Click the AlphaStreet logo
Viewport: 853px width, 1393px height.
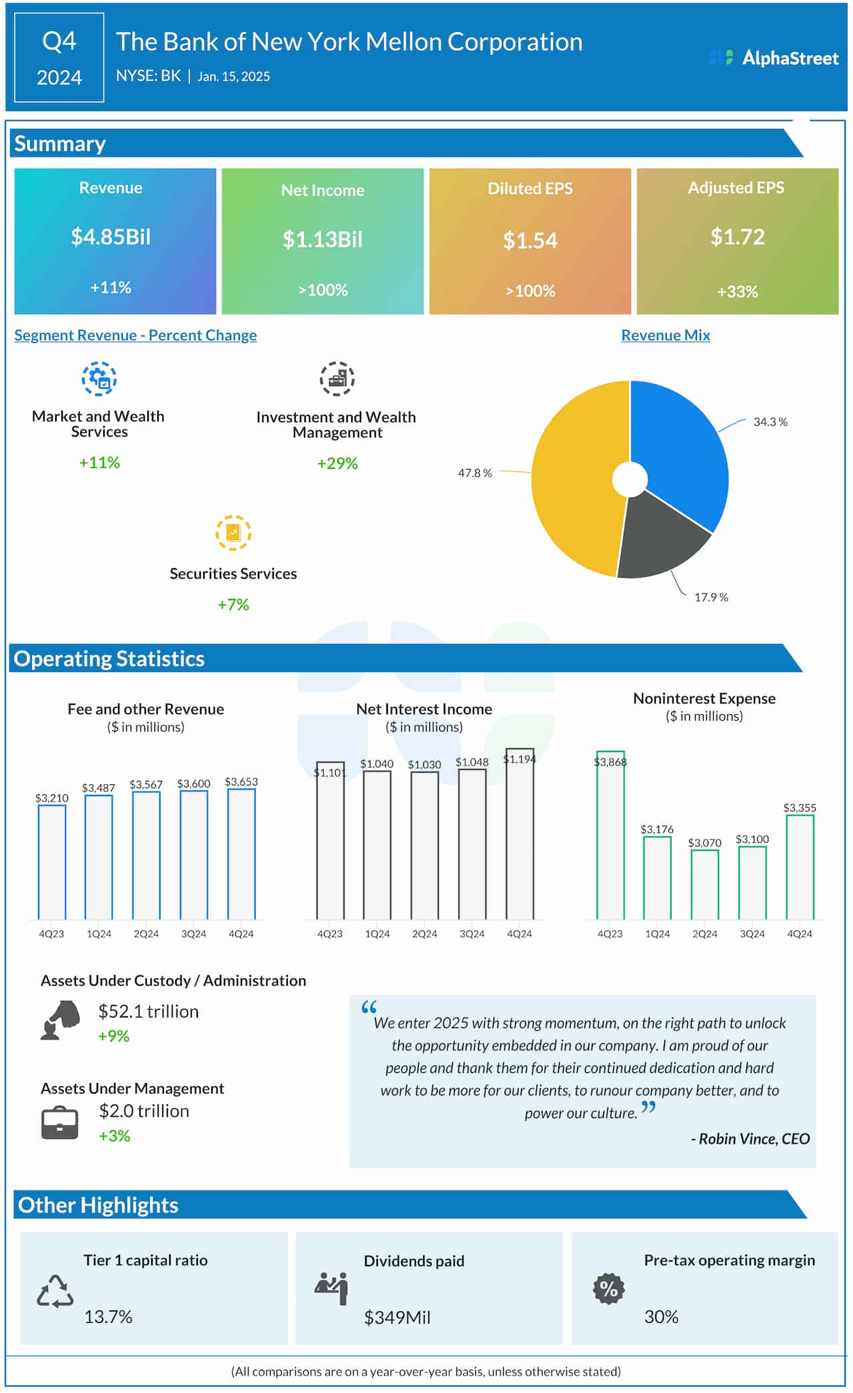(x=774, y=58)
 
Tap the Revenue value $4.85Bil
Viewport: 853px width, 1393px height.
(x=111, y=237)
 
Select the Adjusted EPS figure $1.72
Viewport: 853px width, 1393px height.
(x=737, y=237)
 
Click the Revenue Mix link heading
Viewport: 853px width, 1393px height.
(x=665, y=335)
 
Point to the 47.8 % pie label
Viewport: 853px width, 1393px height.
(x=474, y=473)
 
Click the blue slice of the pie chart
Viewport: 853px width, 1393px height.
(x=680, y=447)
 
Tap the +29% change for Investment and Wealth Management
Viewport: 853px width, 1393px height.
(x=337, y=463)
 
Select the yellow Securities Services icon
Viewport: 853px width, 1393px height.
(x=233, y=533)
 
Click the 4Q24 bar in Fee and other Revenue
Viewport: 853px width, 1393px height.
(x=241, y=854)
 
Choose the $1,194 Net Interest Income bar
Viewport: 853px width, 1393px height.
(x=520, y=834)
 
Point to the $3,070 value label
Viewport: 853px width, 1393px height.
(x=704, y=843)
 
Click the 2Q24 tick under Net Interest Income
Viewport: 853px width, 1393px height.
(x=425, y=934)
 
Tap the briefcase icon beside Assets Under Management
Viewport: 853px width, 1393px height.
(x=60, y=1123)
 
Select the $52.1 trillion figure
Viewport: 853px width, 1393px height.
(x=149, y=1012)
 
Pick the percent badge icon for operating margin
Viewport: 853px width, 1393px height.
(x=608, y=1289)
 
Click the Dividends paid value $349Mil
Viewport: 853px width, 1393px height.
(x=397, y=1318)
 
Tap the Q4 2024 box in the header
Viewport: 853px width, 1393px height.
(x=59, y=59)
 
